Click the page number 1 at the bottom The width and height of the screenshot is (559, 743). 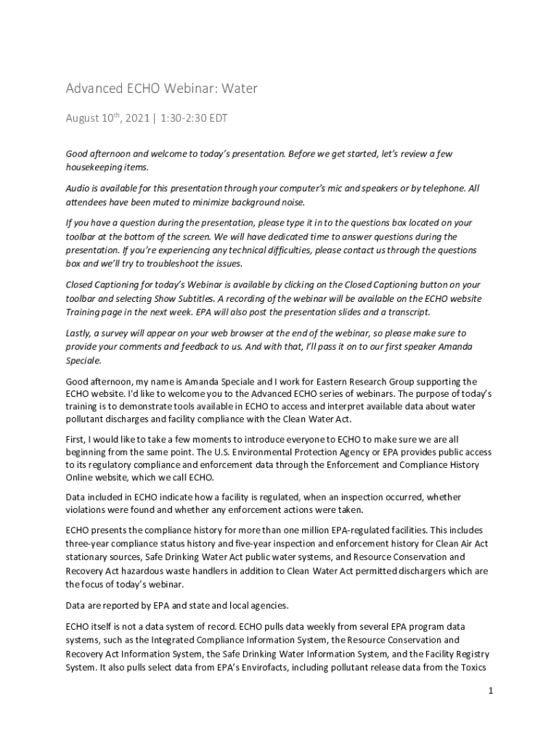[491, 691]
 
